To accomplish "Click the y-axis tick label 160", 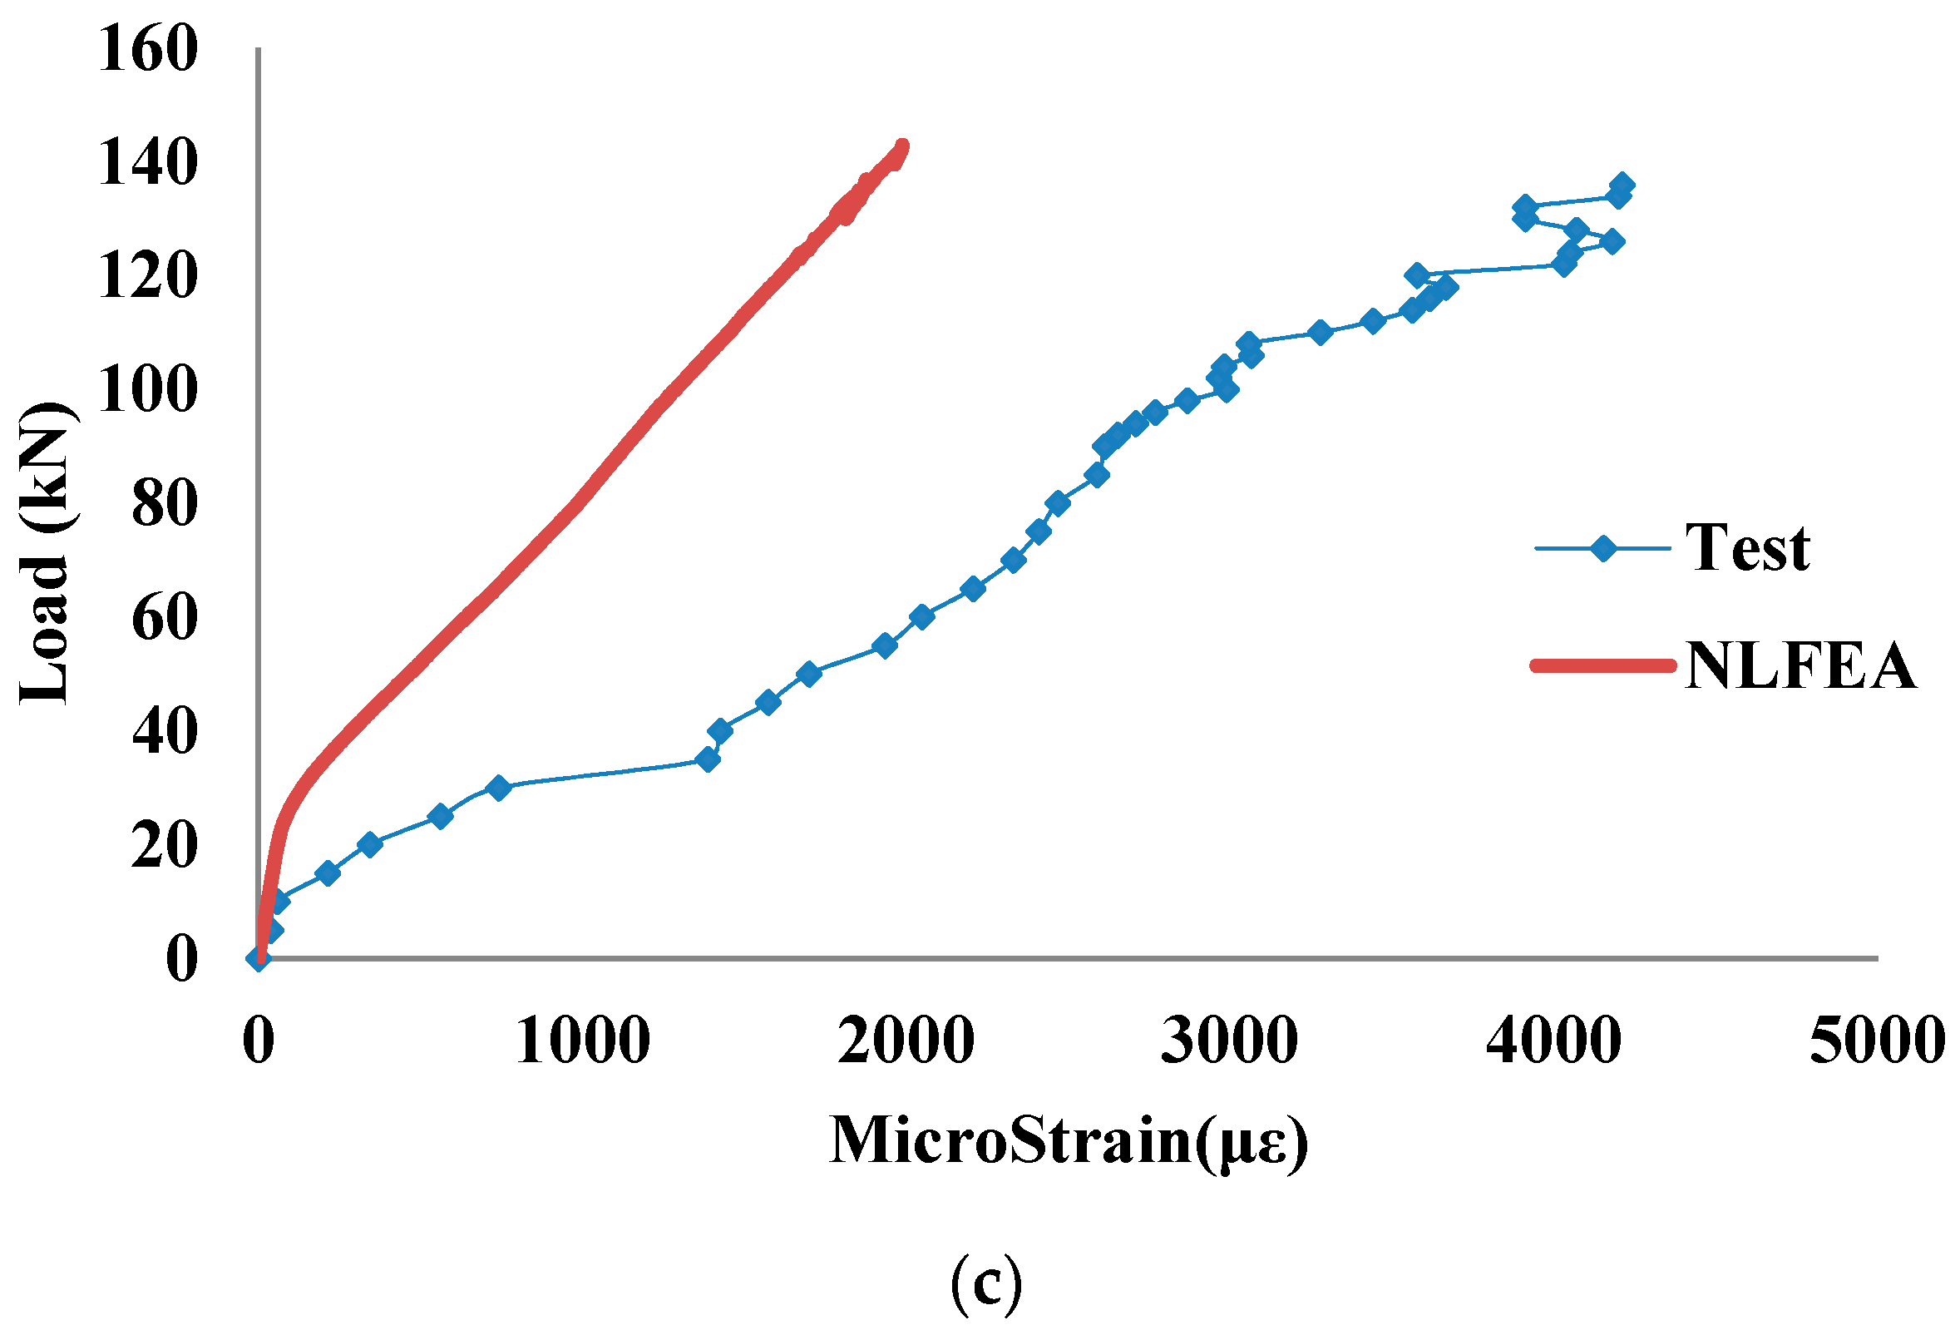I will coord(148,49).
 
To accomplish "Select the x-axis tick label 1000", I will coord(583,1041).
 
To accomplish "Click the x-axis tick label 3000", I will coord(1230,1041).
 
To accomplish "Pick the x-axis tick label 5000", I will coord(1878,1041).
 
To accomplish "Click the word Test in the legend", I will coord(1747,548).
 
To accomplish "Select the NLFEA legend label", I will coord(1800,666).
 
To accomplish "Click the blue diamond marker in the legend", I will coord(1603,549).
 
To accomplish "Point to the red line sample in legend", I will coord(1602,666).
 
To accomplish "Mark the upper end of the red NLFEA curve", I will coord(901,146).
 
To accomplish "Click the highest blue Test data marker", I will coord(1621,185).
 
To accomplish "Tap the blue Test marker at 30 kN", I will coord(498,788).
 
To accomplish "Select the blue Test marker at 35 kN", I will coord(708,760).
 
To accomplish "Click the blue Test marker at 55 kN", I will coord(885,646).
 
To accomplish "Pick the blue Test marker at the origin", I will coord(259,958).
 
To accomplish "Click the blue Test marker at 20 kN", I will coord(369,844).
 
